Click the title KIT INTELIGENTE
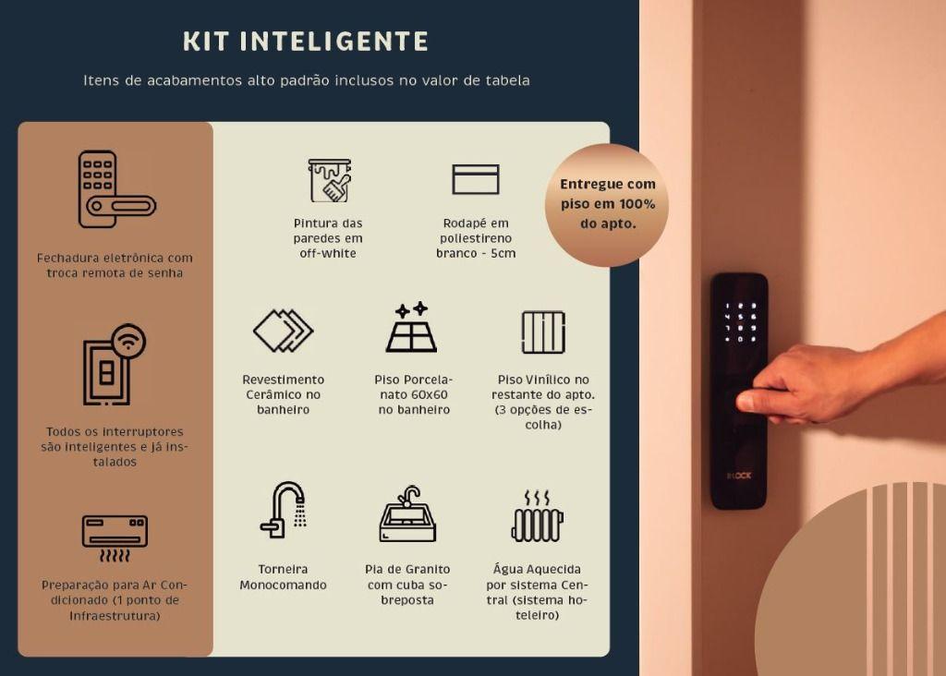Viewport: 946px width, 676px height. point(306,42)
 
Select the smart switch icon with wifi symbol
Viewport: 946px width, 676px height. point(114,364)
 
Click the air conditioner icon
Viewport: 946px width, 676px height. point(115,537)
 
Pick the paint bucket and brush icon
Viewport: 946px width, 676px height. point(330,180)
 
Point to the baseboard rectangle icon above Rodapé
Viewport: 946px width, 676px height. point(476,179)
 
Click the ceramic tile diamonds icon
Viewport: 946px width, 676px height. point(283,331)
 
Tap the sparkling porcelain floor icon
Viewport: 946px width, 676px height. point(411,327)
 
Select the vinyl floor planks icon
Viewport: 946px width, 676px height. point(543,332)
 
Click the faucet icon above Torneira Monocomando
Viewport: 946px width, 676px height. point(284,510)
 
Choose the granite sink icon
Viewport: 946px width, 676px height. point(407,514)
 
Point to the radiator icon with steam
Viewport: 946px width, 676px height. point(537,516)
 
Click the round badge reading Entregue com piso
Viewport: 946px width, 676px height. point(607,204)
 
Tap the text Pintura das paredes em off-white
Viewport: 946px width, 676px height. point(328,238)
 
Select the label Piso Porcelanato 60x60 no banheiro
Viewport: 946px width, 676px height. point(414,394)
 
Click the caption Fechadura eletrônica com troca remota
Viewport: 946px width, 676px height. point(115,265)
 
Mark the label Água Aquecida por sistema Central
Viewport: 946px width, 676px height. point(537,592)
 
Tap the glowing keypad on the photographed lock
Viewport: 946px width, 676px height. point(740,322)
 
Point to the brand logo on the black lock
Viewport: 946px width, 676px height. point(739,476)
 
